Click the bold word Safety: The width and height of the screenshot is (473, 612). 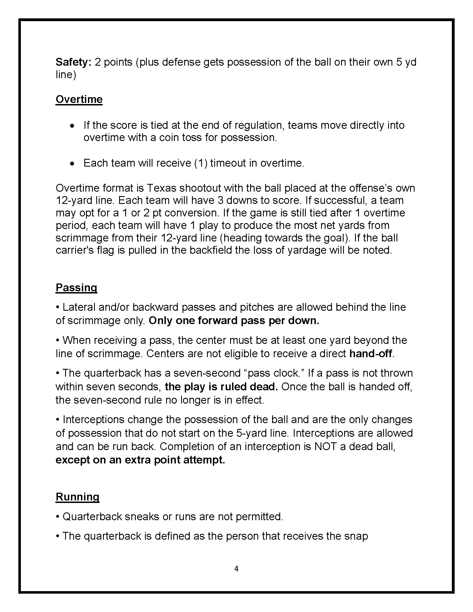point(73,62)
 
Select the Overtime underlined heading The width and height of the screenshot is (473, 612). point(79,100)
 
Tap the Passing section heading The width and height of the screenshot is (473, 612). point(76,288)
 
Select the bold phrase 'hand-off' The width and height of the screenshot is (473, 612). point(370,354)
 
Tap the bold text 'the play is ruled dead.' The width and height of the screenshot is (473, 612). point(221,387)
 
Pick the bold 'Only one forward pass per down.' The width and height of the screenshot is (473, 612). point(234,320)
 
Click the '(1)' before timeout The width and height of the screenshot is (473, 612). point(201,163)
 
